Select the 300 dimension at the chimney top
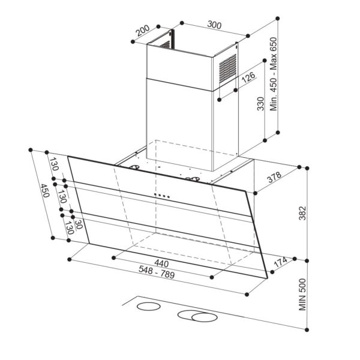click(214, 26)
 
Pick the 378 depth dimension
click(274, 178)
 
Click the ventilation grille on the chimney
click(226, 68)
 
